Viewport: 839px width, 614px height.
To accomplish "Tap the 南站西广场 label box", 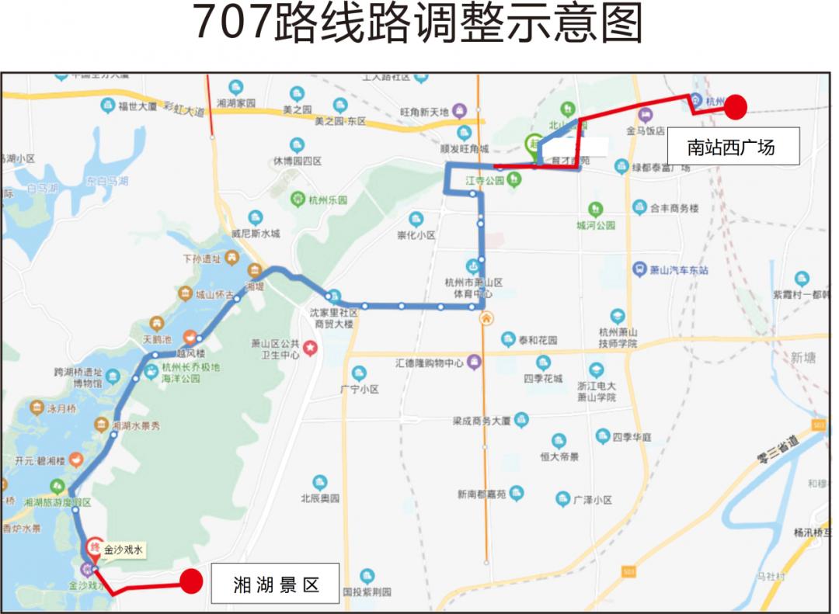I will [732, 146].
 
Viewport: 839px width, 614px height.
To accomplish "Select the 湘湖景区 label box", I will [276, 584].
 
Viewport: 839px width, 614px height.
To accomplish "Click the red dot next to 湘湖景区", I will [191, 581].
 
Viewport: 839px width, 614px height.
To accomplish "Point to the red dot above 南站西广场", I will [735, 106].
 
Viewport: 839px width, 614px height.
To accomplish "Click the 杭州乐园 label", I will [327, 199].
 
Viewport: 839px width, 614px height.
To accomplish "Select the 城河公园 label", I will [596, 225].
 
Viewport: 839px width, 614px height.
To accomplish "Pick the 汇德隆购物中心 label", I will [430, 363].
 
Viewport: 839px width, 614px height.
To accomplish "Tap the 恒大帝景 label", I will [559, 456].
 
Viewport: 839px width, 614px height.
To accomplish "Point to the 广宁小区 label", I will [359, 389].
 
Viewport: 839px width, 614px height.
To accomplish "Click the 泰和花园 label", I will [538, 340].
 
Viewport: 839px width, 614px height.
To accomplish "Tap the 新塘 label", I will [803, 357].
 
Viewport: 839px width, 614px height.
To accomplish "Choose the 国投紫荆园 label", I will [367, 591].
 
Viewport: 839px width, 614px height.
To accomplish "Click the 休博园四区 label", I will [297, 161].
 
